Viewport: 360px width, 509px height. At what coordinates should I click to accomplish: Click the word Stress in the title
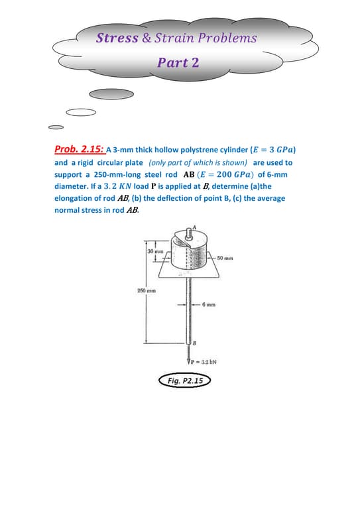[117, 38]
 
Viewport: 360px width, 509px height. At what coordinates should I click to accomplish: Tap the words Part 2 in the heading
[178, 62]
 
